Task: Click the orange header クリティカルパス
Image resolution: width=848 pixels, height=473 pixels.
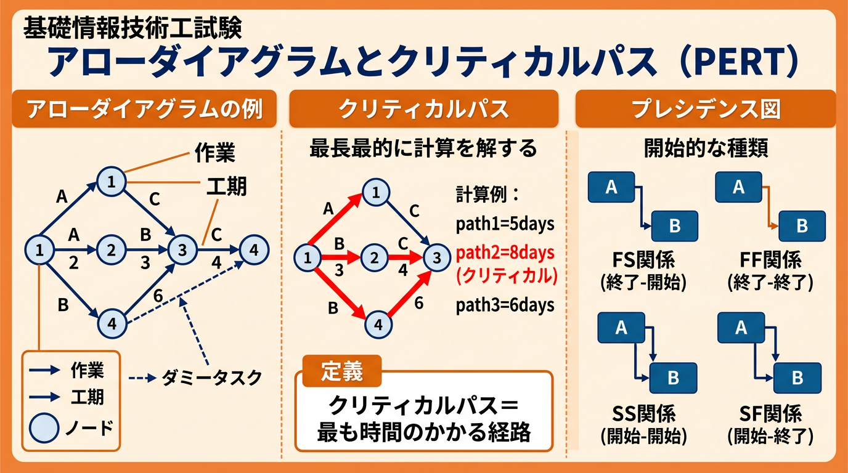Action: click(x=423, y=110)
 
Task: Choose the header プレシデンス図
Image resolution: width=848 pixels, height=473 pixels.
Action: click(x=706, y=110)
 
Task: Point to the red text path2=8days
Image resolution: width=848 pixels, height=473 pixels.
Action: click(x=505, y=253)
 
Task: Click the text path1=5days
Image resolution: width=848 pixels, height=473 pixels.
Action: click(x=505, y=224)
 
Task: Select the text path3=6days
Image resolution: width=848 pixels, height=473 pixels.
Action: click(x=505, y=305)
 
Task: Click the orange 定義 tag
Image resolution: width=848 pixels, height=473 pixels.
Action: click(x=342, y=371)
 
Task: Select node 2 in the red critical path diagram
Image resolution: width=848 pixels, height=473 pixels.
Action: click(x=373, y=257)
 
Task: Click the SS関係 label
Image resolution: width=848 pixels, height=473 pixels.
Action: click(x=645, y=413)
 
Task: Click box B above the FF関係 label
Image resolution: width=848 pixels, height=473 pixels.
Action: click(x=801, y=226)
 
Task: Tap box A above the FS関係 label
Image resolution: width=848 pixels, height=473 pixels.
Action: click(x=611, y=187)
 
